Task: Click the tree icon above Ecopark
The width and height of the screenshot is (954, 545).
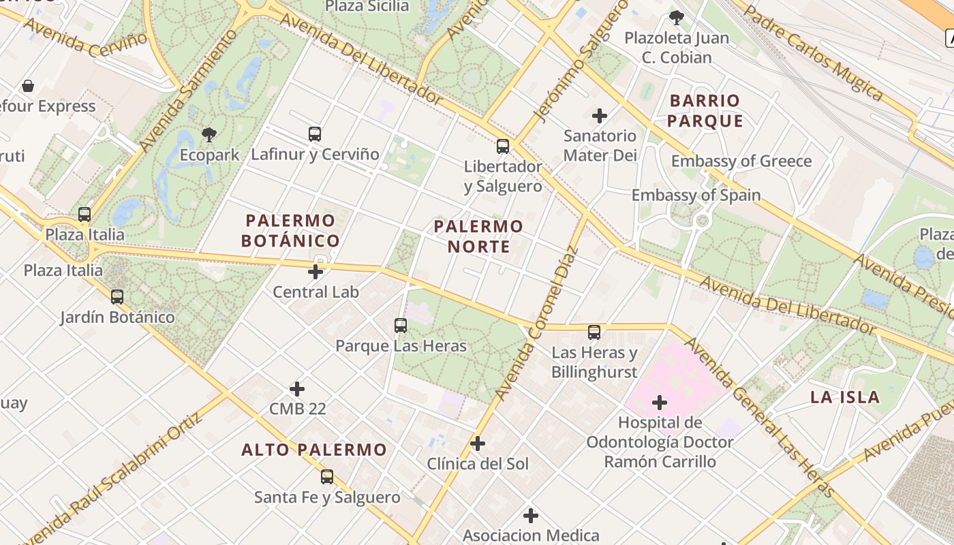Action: coord(209,134)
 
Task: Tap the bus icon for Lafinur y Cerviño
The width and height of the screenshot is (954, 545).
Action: coord(314,134)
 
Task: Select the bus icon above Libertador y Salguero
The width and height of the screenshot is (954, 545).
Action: coord(503,146)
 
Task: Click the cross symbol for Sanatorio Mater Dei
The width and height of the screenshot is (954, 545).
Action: coord(600,116)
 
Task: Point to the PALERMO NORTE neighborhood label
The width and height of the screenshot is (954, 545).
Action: coord(478,236)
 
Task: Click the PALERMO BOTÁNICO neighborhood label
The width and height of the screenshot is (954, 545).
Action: coord(290,230)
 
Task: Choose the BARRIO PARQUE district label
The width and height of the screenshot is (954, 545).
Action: coord(705,110)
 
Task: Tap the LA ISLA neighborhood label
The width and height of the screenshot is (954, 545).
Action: coord(845,397)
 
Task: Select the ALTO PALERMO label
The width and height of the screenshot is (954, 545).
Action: coord(314,450)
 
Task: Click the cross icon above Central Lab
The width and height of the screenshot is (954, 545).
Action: coord(316,272)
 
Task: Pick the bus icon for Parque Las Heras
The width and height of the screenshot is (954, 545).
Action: coord(401,326)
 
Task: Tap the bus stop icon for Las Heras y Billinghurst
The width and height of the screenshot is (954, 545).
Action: coord(594,332)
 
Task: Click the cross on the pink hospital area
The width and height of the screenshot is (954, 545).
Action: coord(660,403)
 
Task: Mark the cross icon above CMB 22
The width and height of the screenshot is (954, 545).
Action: coord(297,389)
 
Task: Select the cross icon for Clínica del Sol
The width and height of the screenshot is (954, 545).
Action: coord(478,443)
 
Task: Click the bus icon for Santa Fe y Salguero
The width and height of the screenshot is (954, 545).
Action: coord(327,477)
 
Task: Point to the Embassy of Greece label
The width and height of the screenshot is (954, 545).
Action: coord(741,161)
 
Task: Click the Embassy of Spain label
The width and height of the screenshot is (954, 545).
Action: coord(696,195)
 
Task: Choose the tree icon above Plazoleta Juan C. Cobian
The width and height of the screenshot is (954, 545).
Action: coord(676,18)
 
